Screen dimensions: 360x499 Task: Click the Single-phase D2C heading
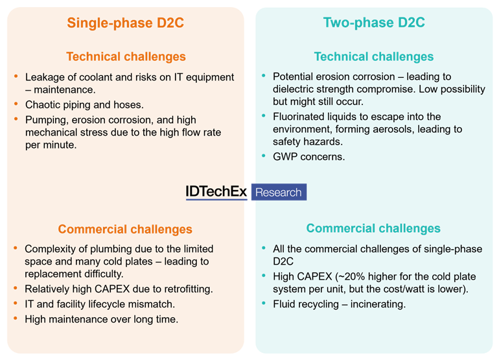click(126, 23)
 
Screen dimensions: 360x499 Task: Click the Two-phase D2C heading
click(374, 23)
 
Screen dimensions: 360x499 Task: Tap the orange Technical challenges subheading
click(126, 56)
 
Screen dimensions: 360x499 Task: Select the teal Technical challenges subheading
click(374, 56)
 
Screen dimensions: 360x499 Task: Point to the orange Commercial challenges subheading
click(125, 229)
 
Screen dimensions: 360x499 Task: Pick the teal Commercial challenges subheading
click(373, 228)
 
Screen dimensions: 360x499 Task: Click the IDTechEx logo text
click(216, 192)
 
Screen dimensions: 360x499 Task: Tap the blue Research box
click(279, 192)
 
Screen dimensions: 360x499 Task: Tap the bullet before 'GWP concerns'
click(264, 156)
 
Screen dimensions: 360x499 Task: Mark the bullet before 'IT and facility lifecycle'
click(16, 303)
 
